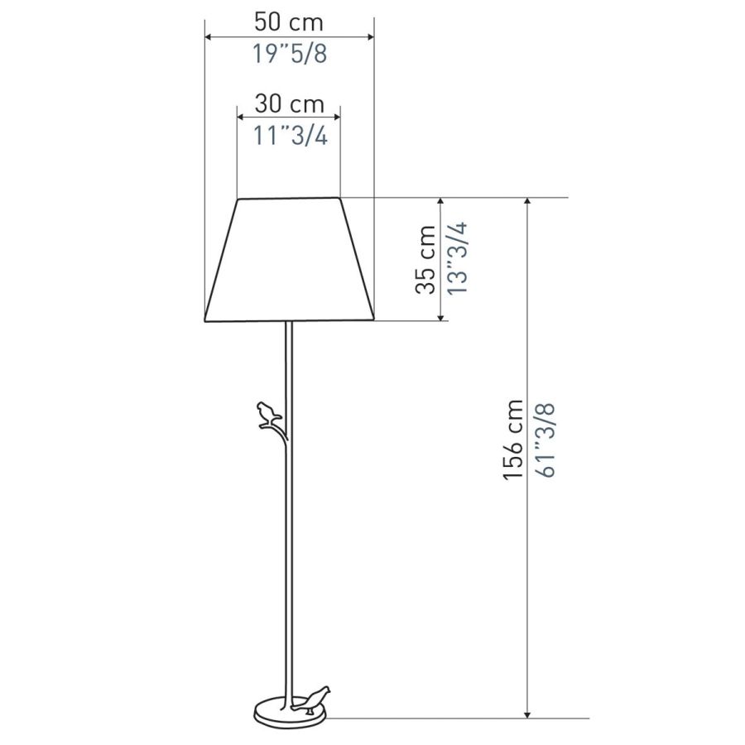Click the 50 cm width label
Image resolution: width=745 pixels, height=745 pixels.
tap(288, 22)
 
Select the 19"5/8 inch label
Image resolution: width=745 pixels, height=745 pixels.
tap(290, 53)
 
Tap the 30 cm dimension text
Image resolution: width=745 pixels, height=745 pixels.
tap(290, 103)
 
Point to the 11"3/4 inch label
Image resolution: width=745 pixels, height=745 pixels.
tap(290, 136)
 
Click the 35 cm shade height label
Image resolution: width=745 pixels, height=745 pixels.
tap(425, 259)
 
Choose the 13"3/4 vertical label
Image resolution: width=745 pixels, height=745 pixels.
tap(458, 257)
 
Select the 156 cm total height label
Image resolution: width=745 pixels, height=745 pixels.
tap(513, 440)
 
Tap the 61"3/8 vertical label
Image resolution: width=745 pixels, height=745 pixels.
tap(545, 440)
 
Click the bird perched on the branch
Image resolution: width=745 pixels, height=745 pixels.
tap(269, 415)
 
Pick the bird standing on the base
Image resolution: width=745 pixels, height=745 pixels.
tap(311, 699)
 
